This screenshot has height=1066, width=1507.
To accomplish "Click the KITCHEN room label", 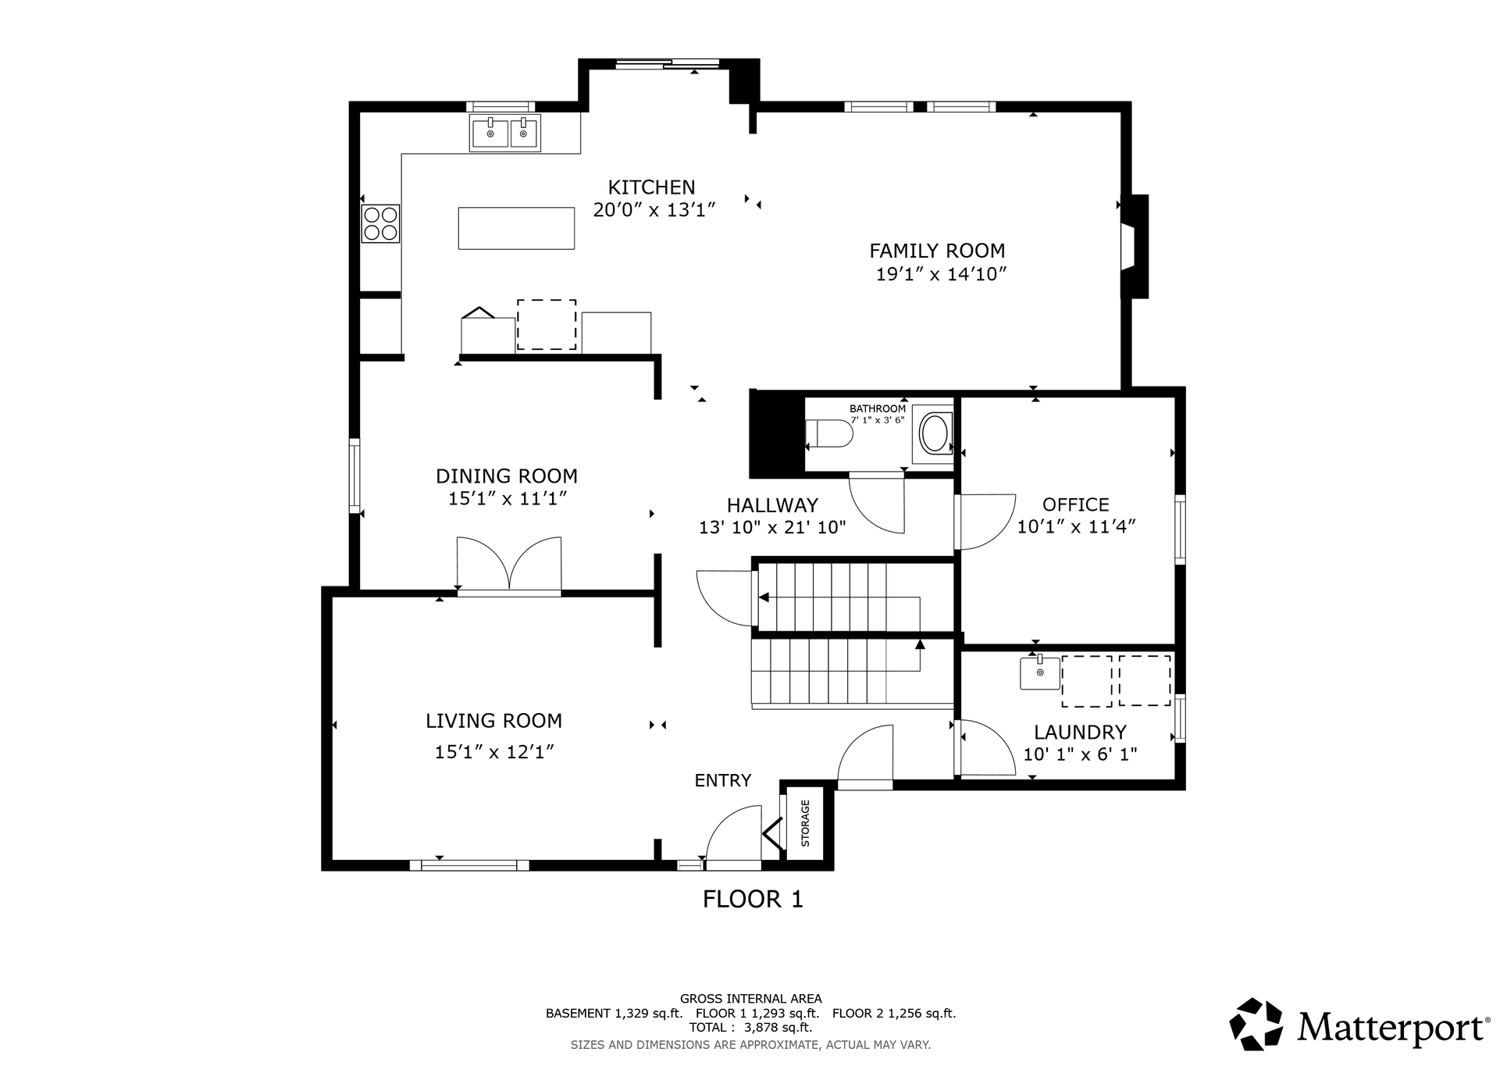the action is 651,187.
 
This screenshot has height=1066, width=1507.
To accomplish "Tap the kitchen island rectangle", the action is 516,228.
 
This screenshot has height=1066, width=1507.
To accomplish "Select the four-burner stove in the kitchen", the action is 380,223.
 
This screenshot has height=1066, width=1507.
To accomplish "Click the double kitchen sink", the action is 505,133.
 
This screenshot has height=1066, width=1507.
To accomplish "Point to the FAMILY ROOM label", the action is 937,251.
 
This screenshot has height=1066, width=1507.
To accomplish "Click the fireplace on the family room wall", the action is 1135,246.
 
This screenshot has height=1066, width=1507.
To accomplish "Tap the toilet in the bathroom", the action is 828,433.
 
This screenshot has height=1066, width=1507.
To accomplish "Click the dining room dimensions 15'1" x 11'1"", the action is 507,499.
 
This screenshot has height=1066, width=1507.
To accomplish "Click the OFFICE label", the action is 1075,504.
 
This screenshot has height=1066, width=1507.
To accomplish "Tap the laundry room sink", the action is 1040,672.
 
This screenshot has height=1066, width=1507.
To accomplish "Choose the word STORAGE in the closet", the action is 805,823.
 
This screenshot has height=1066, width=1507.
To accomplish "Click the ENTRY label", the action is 723,780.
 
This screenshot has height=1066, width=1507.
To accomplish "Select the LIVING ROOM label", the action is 493,721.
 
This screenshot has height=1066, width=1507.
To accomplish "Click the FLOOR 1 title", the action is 753,900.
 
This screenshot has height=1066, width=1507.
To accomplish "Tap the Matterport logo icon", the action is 1256,1024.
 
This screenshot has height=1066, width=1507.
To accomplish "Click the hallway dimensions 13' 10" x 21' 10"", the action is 772,528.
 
